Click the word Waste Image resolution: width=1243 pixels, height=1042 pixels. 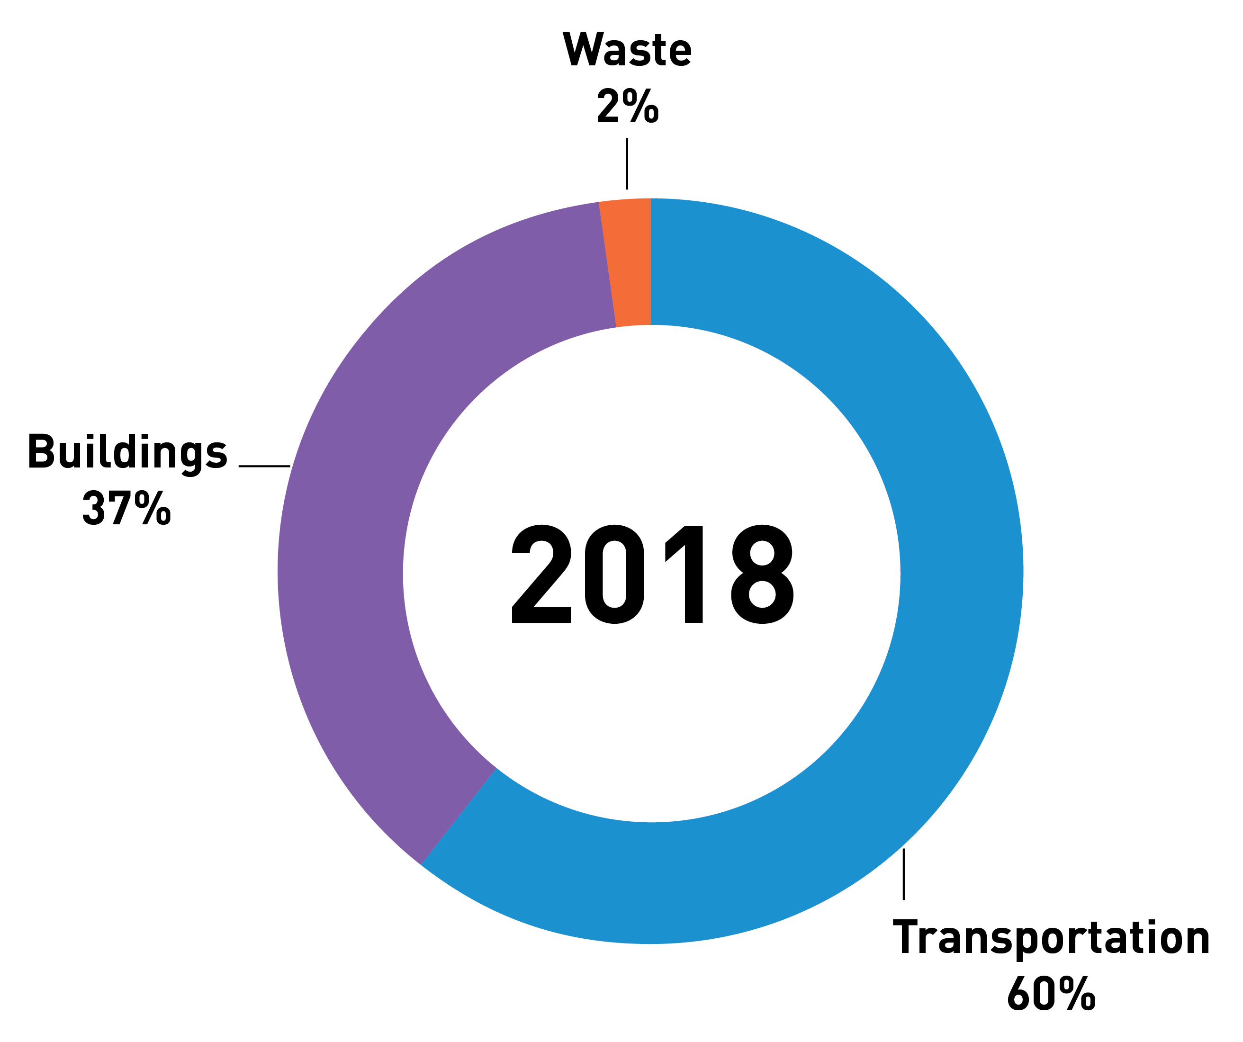click(x=627, y=50)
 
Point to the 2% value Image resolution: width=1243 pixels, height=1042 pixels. click(x=627, y=106)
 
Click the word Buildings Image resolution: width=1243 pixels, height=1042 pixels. click(x=128, y=453)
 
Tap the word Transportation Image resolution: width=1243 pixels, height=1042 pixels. click(x=1051, y=938)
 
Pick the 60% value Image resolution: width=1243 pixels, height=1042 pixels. click(x=1051, y=994)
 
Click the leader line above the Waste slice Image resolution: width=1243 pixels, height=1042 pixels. click(x=627, y=164)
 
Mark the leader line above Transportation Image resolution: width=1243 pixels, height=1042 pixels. click(x=903, y=874)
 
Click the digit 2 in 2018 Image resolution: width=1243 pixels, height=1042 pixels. click(x=541, y=574)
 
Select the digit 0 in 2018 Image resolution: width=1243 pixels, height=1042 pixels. click(x=614, y=574)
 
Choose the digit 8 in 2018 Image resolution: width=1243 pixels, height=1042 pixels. click(x=762, y=574)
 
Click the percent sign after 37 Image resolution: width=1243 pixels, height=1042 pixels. click(x=153, y=508)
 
